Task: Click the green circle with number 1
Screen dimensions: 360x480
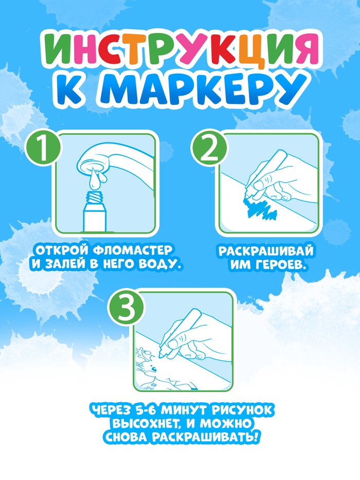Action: coord(42,150)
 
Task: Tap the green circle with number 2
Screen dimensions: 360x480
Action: coord(209,150)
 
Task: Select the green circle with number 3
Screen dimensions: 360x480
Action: coord(127,309)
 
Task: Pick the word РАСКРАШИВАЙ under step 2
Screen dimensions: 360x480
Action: coord(266,251)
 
